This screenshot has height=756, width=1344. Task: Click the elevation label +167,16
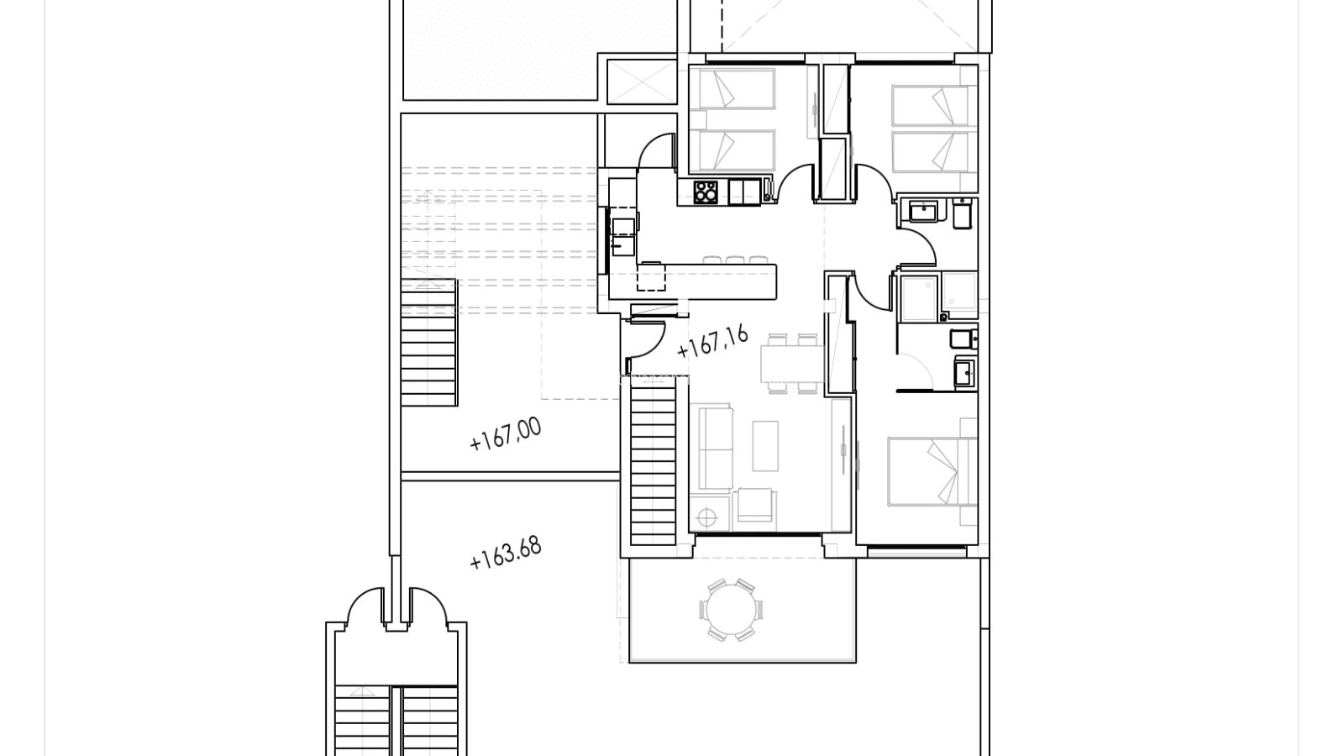tap(713, 343)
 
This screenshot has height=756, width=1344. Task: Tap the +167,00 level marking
tap(505, 434)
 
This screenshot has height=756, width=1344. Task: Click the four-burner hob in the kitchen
tap(706, 192)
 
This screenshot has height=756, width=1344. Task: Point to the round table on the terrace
tap(731, 610)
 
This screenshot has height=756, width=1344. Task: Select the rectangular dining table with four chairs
tap(792, 364)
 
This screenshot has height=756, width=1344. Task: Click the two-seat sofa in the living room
tap(711, 449)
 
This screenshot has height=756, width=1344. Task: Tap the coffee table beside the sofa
tap(765, 446)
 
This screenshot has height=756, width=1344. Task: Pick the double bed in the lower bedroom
tap(932, 471)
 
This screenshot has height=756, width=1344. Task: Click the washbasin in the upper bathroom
tap(923, 212)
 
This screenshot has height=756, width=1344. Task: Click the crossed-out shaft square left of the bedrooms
tap(642, 82)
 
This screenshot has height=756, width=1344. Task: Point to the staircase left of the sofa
tap(654, 465)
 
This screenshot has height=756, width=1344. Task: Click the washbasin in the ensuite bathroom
tap(965, 372)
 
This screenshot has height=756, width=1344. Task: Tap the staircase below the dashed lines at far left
tap(429, 344)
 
